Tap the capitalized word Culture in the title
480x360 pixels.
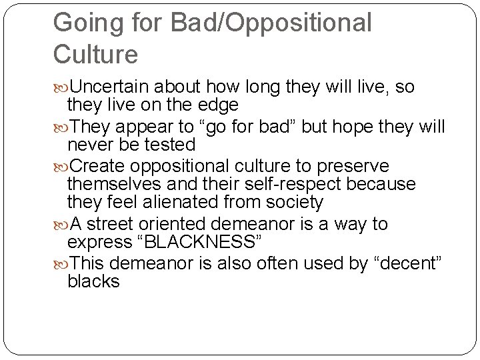click(95, 54)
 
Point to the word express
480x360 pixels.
click(97, 242)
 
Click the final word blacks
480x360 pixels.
click(93, 281)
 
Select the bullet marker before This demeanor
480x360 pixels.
click(61, 263)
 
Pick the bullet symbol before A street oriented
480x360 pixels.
click(61, 224)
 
